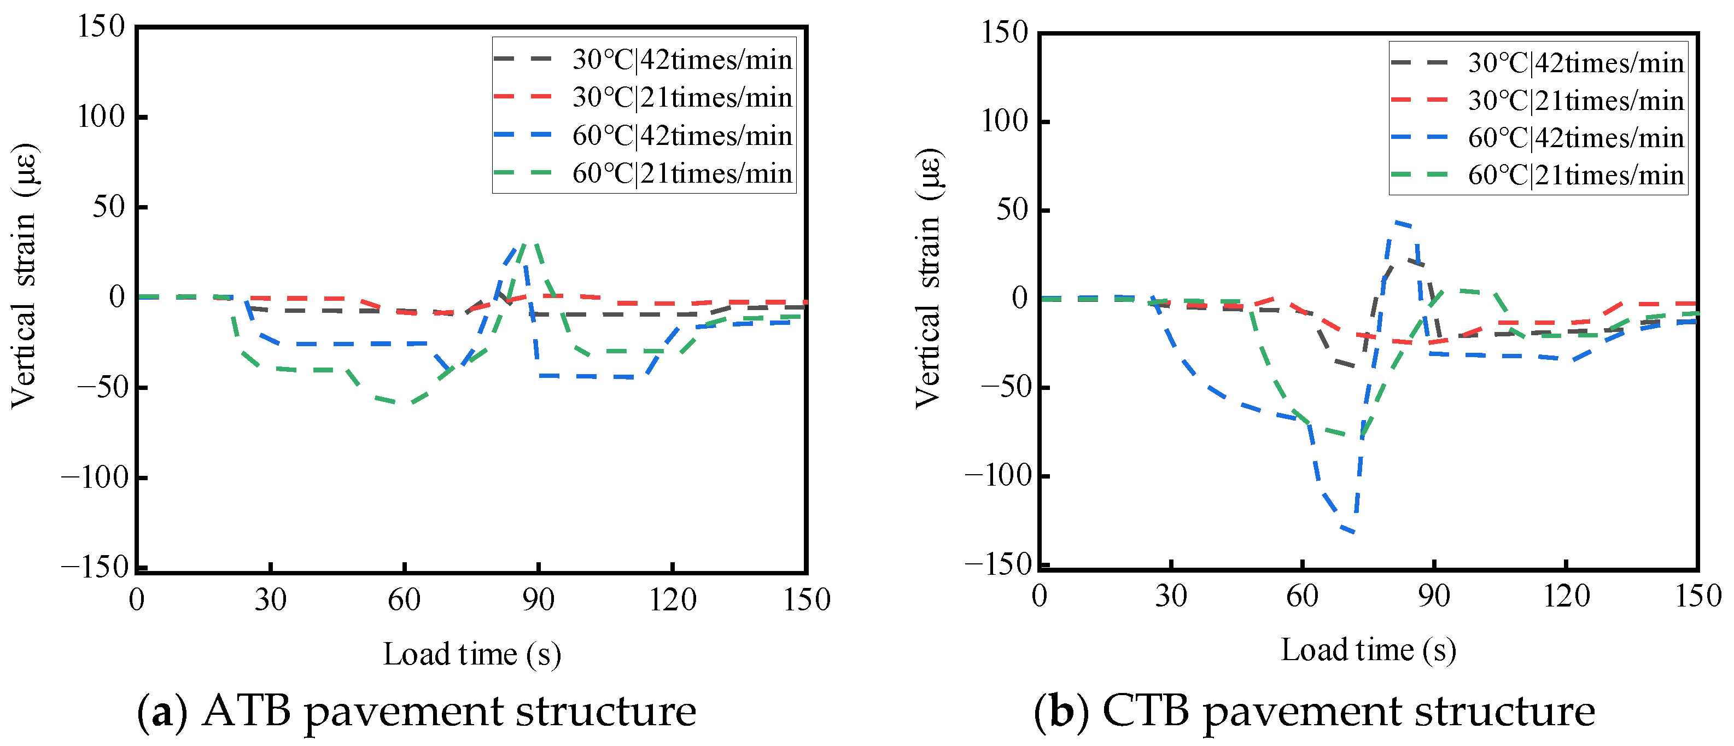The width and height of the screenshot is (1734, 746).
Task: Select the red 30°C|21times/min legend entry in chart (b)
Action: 1538,100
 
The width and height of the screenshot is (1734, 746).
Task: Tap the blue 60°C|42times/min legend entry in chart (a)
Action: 644,135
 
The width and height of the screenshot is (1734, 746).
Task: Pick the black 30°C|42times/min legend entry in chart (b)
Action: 1538,62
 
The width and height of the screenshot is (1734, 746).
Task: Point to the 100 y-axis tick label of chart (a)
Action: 101,116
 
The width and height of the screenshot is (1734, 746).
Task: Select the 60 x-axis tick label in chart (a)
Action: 404,599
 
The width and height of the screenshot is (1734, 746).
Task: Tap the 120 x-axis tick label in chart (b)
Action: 1566,595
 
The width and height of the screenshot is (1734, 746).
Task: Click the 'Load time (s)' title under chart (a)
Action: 472,654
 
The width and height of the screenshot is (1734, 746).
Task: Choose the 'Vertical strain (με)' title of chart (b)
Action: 929,278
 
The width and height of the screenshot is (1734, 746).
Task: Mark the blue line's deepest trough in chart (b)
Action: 1353,533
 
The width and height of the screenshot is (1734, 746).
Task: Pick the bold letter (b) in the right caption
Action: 1061,712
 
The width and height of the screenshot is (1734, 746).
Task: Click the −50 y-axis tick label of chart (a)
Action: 101,387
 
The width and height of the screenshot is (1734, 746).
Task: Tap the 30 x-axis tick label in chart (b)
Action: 1171,595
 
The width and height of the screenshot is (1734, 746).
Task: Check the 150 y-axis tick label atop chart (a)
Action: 101,26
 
